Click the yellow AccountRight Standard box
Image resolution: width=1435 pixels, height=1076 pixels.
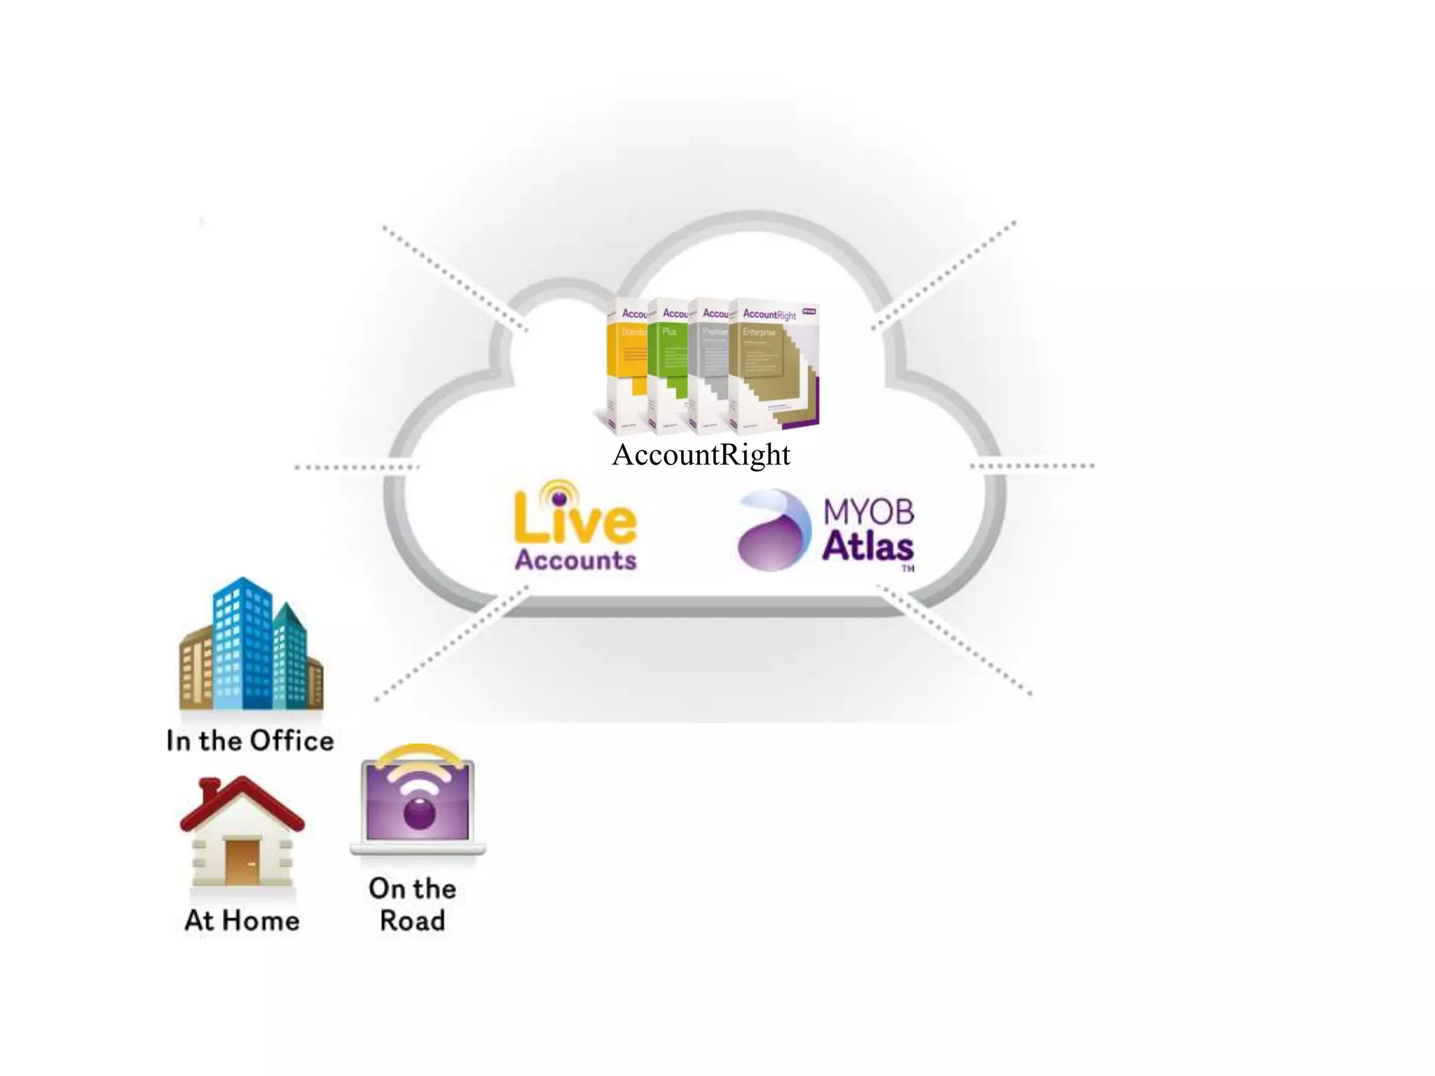coord(627,364)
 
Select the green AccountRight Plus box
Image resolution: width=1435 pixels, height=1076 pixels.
coord(668,364)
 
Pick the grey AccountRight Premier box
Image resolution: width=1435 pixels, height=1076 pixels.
coord(708,364)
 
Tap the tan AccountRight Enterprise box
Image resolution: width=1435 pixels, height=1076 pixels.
coord(771,364)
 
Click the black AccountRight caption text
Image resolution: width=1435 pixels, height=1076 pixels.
coord(701,455)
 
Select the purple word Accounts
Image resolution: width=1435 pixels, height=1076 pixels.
coord(575,560)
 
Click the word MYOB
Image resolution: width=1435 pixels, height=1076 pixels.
coord(868,512)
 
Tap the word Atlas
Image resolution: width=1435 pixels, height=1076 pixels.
coord(867,546)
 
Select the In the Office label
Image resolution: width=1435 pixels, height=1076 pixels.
coord(250,741)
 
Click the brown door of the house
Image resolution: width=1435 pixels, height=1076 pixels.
coord(242,861)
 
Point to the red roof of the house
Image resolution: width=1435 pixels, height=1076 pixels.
coord(242,802)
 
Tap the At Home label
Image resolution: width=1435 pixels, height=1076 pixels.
coord(242,920)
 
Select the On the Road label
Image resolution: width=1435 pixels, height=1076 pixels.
coord(413,904)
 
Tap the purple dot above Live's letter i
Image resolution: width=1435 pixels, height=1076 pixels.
coord(558,498)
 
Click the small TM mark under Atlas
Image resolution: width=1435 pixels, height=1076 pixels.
coord(907,568)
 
